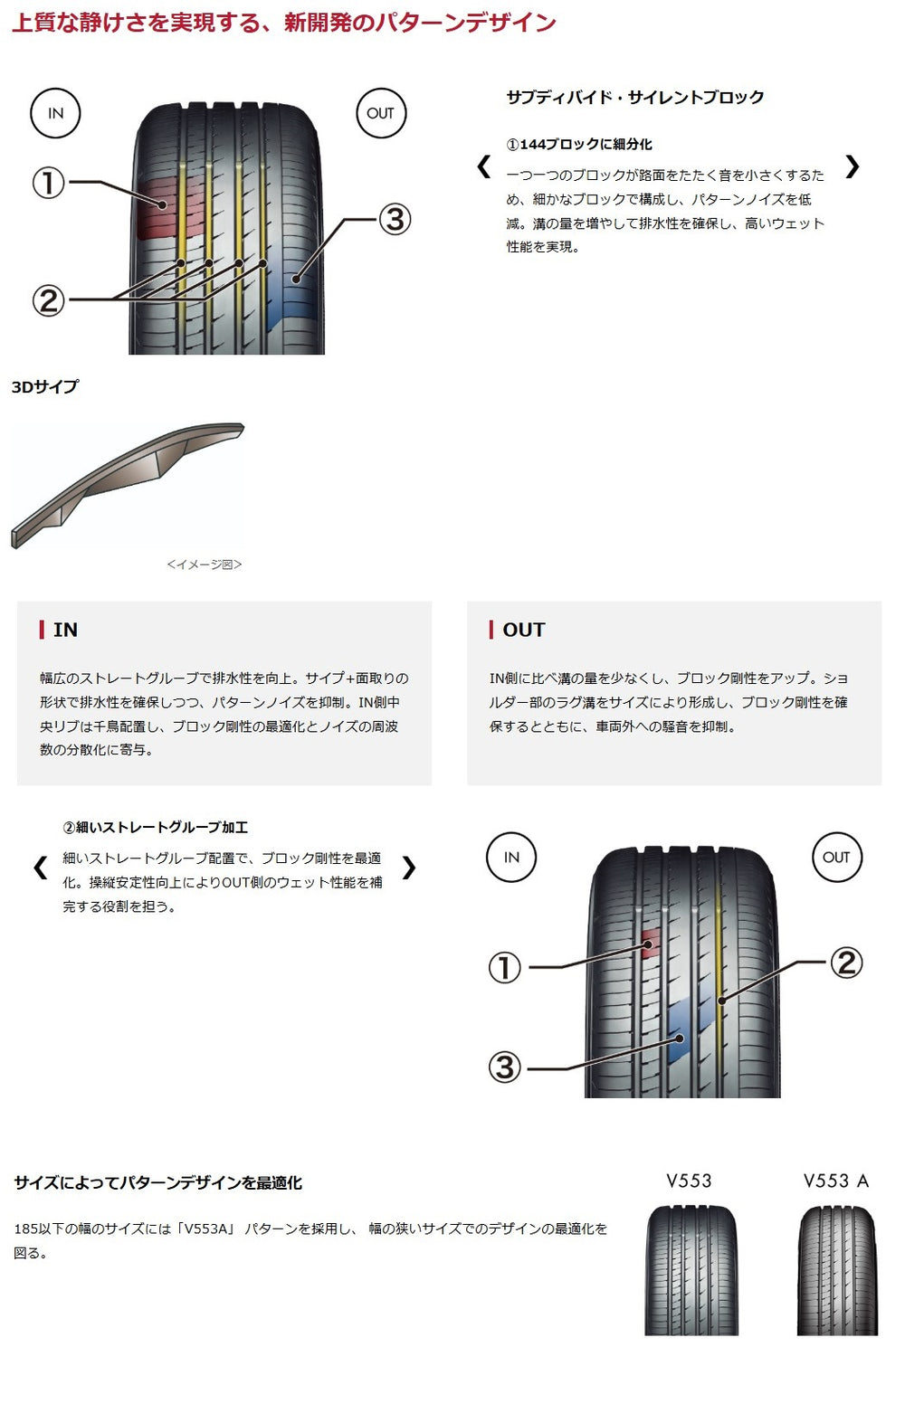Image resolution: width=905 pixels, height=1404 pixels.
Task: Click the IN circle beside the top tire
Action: (x=56, y=113)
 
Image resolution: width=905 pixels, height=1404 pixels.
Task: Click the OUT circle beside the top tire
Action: (x=380, y=113)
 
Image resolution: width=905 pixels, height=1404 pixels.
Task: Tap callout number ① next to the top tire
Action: (x=49, y=184)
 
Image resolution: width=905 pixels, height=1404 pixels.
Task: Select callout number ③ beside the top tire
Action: (x=394, y=219)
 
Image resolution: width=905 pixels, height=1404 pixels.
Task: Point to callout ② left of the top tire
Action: (x=49, y=300)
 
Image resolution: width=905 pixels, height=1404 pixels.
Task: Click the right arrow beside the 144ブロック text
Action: (x=852, y=166)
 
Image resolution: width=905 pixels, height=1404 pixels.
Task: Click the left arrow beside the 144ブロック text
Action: (x=484, y=166)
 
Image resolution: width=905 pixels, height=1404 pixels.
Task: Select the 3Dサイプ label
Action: (x=45, y=387)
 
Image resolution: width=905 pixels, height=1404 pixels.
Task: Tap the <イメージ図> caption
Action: (x=205, y=564)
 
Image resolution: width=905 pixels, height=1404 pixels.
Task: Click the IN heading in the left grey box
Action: (x=65, y=630)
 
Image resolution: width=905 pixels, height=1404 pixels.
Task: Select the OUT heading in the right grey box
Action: (x=523, y=630)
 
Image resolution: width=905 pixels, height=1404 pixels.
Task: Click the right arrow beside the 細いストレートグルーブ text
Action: (x=409, y=868)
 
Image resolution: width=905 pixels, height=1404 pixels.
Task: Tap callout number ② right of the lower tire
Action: (x=845, y=963)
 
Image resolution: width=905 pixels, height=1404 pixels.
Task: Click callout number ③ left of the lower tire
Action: (x=505, y=1067)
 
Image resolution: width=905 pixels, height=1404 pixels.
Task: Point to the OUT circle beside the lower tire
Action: (x=836, y=858)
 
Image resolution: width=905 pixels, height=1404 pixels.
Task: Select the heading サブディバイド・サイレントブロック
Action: (x=635, y=98)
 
